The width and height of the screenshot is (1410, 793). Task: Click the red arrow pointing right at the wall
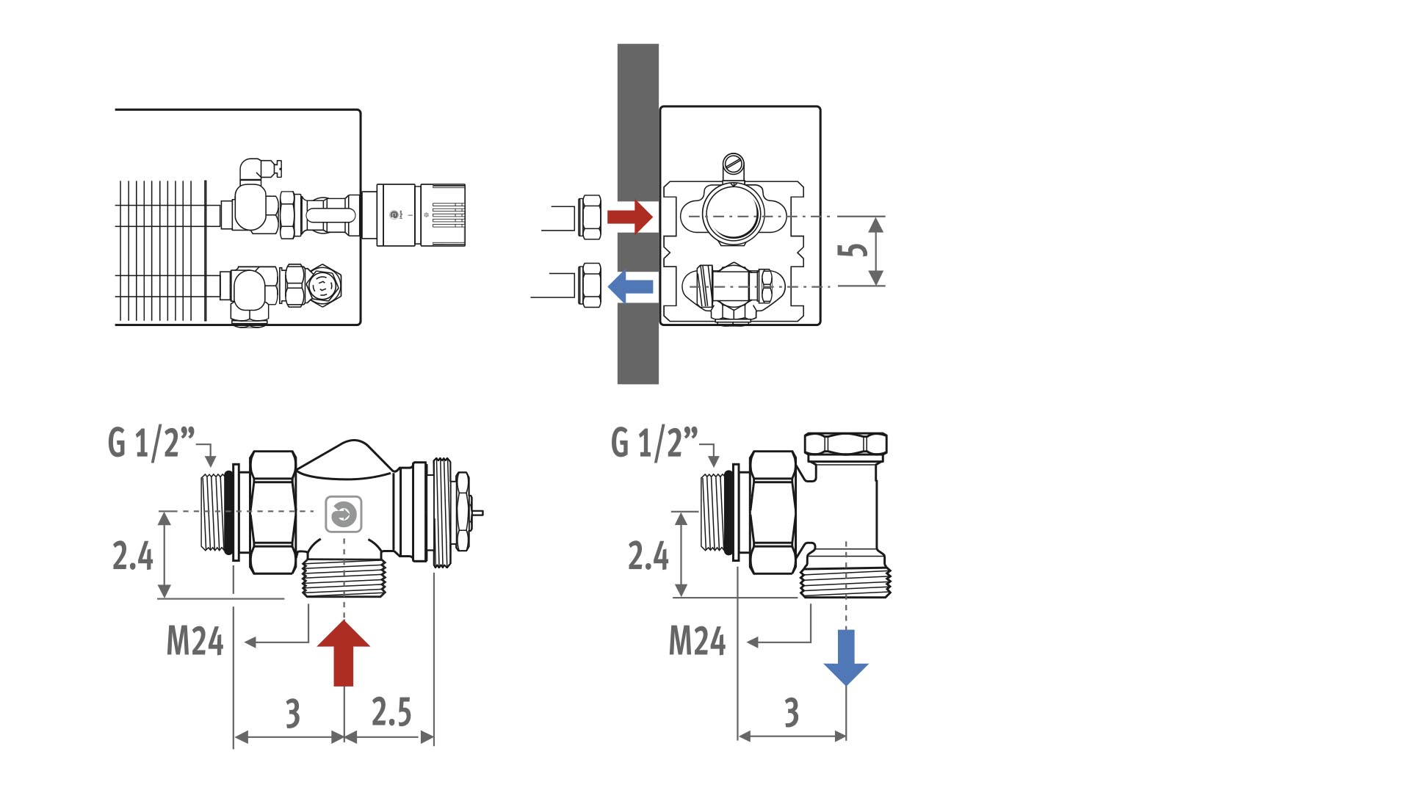(x=629, y=217)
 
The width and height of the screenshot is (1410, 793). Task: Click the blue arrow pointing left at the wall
(x=631, y=286)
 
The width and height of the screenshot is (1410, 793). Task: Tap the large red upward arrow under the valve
(x=344, y=653)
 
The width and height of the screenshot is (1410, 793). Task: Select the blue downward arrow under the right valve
(x=846, y=657)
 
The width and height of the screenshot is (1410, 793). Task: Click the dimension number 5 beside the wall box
(x=853, y=250)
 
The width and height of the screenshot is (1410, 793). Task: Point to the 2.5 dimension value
(x=391, y=711)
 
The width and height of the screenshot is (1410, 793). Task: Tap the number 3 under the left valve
(x=293, y=712)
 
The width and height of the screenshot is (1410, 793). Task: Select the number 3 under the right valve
(x=792, y=712)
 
